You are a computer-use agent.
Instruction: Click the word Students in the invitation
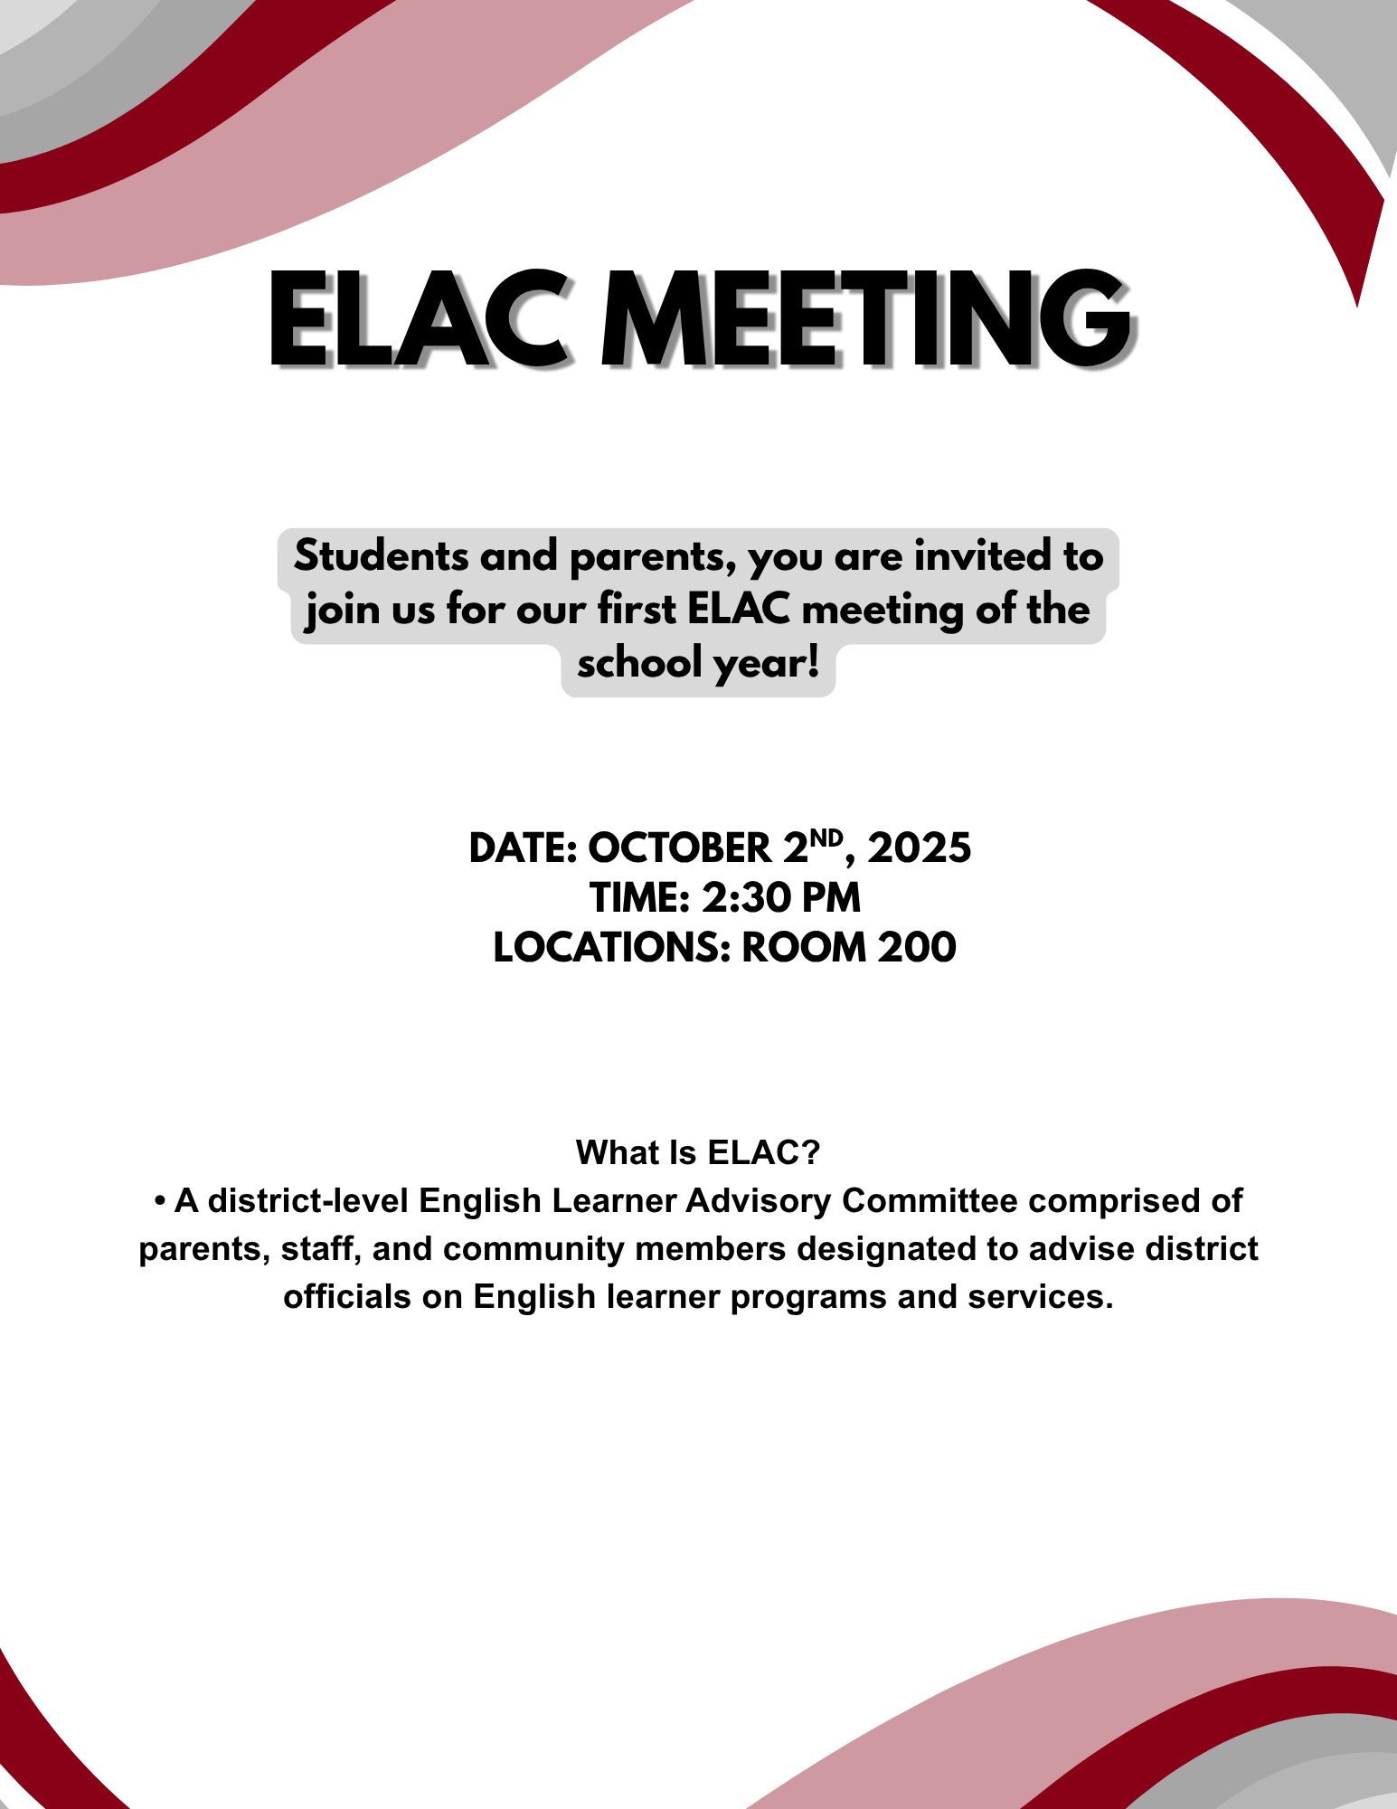pos(380,555)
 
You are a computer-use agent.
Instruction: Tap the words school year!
pos(698,664)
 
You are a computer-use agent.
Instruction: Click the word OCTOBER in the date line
pos(680,848)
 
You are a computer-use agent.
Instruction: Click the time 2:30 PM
pos(780,898)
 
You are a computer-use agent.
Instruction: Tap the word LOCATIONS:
pos(611,948)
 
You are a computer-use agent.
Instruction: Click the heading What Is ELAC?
pos(698,1153)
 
